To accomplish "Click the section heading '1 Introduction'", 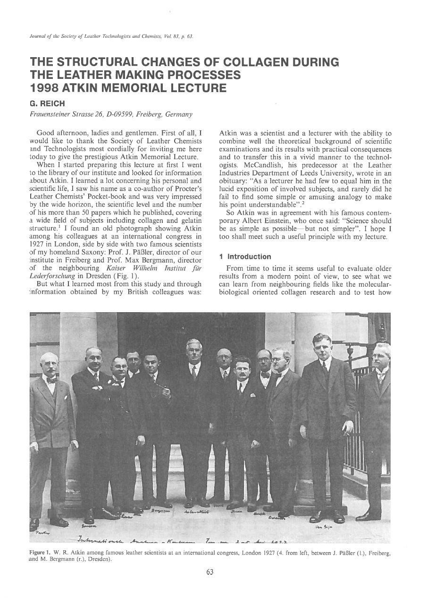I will (x=245, y=257).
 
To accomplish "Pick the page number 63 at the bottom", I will (x=210, y=572).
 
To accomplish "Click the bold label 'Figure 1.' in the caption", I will (x=42, y=550).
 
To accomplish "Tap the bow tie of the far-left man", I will (x=50, y=379).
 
